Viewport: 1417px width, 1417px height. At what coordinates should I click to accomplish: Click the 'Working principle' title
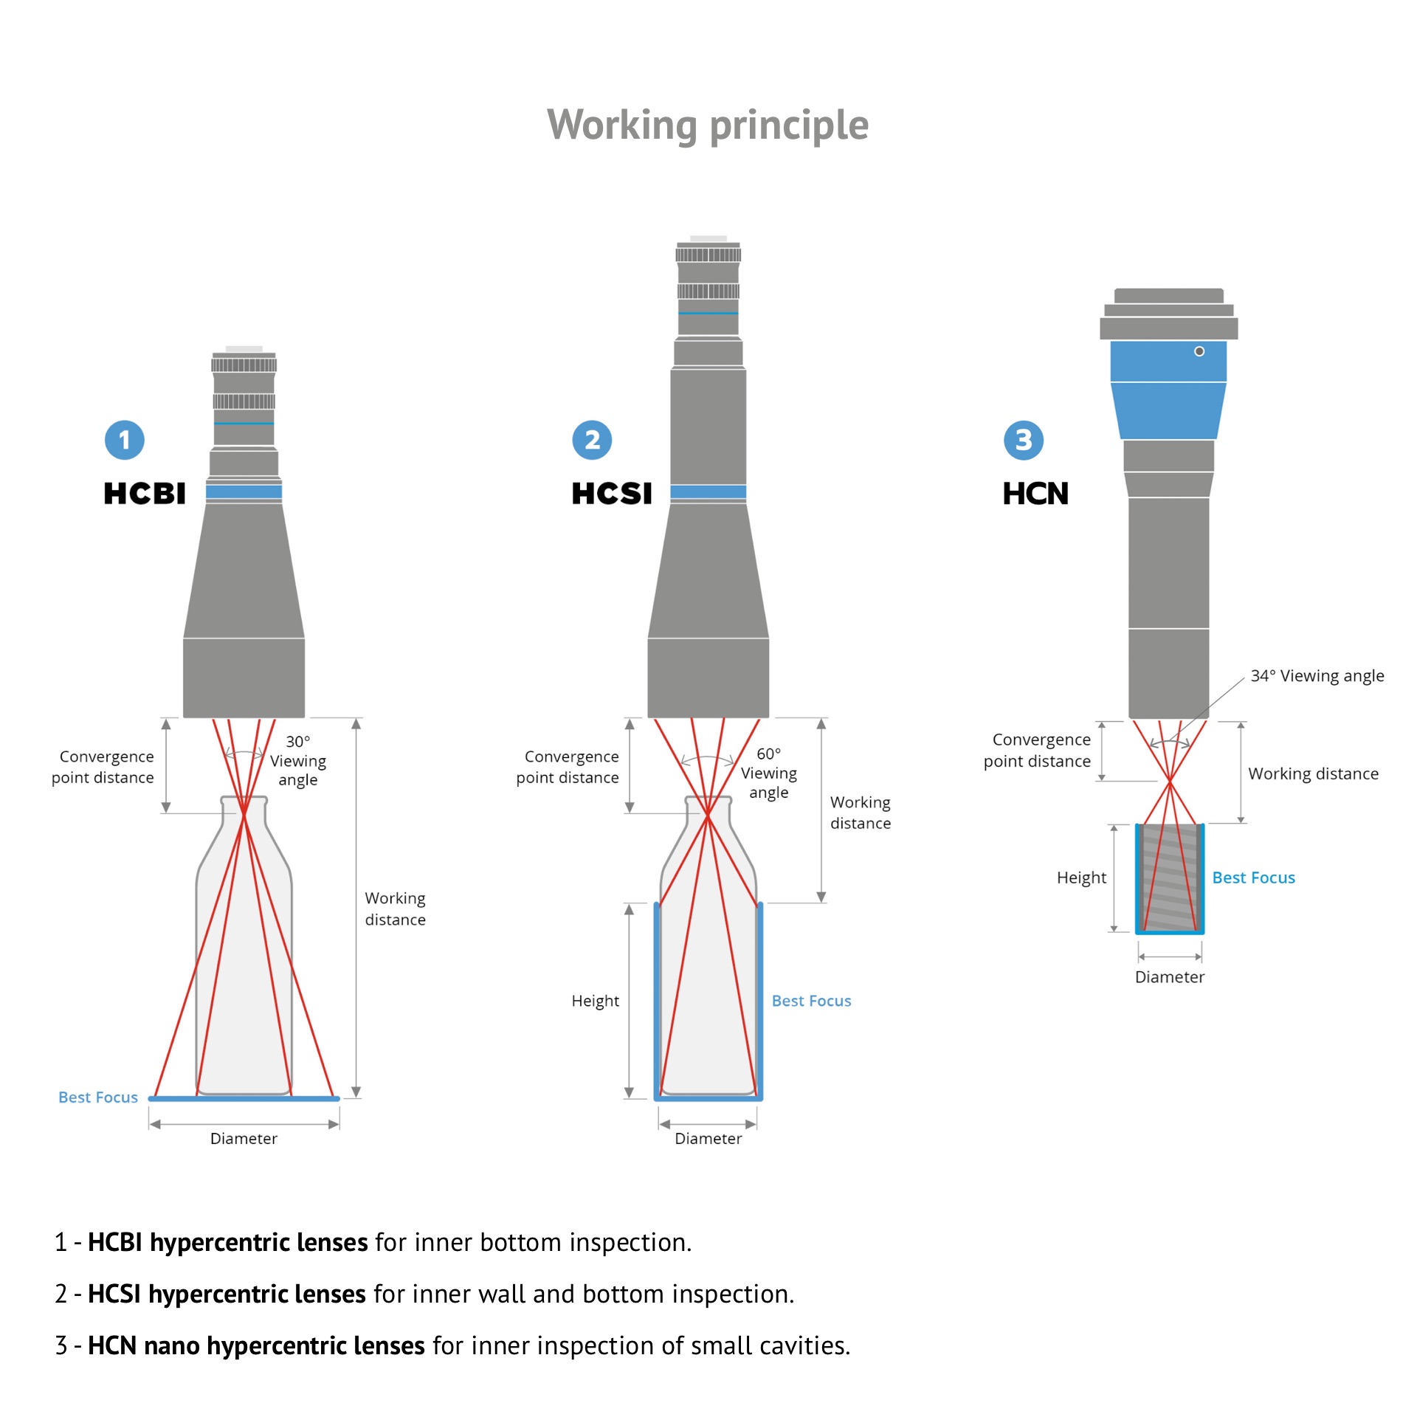[708, 125]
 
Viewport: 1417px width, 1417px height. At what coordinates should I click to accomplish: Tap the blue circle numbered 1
[125, 440]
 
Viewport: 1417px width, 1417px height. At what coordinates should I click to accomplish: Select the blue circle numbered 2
[592, 440]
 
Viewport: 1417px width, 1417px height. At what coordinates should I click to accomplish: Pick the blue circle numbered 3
[1024, 440]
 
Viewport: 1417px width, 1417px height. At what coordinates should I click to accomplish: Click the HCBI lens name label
[145, 493]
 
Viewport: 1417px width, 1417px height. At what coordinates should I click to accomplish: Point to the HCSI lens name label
[612, 493]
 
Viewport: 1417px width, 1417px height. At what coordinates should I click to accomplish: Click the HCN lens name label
[1035, 493]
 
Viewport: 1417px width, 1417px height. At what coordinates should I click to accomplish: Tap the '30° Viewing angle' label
[297, 761]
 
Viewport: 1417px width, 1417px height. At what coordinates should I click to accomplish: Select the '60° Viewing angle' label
[768, 773]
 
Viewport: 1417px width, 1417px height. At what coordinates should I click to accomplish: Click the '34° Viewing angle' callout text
[1317, 676]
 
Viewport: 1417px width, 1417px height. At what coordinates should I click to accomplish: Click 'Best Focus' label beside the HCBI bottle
[98, 1097]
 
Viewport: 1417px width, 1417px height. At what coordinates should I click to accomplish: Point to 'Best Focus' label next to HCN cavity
[1253, 878]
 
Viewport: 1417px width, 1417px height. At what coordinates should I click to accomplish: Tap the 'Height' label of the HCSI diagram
[595, 1001]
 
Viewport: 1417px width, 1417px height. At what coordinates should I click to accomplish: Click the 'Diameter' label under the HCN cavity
[1169, 977]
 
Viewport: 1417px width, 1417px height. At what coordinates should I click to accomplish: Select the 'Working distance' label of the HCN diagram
[1313, 773]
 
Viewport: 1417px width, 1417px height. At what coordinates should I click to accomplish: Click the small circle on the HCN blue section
[1199, 351]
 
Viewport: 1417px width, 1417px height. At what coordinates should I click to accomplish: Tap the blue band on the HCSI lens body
[708, 492]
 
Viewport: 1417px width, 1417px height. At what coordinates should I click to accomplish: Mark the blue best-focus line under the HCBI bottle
[244, 1099]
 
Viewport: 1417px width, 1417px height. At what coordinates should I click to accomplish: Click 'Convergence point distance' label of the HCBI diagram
[103, 767]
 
